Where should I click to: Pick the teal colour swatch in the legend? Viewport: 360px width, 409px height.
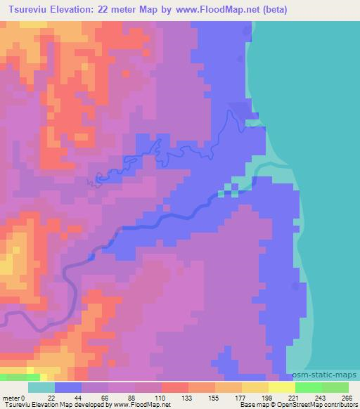(41, 387)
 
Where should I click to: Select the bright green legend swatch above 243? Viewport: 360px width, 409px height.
(309, 387)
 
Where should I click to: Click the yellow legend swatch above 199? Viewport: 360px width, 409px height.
(282, 387)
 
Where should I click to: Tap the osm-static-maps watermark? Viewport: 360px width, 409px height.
(328, 375)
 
